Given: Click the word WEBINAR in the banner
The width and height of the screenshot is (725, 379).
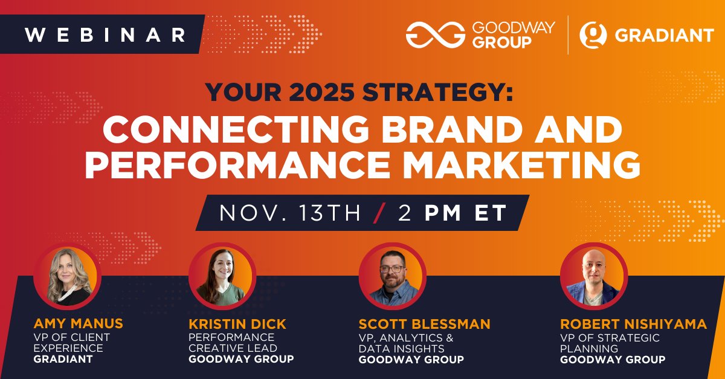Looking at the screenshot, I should coord(105,34).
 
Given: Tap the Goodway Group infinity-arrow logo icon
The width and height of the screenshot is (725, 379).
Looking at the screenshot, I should coord(435,35).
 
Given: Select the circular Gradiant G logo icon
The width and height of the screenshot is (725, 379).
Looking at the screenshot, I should coord(593,35).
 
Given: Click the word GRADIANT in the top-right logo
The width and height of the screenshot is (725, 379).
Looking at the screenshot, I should coord(664,36).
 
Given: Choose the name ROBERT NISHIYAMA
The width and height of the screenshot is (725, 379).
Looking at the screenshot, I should coord(633,324).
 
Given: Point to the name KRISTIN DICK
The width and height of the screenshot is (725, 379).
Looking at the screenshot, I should coord(237,324).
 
